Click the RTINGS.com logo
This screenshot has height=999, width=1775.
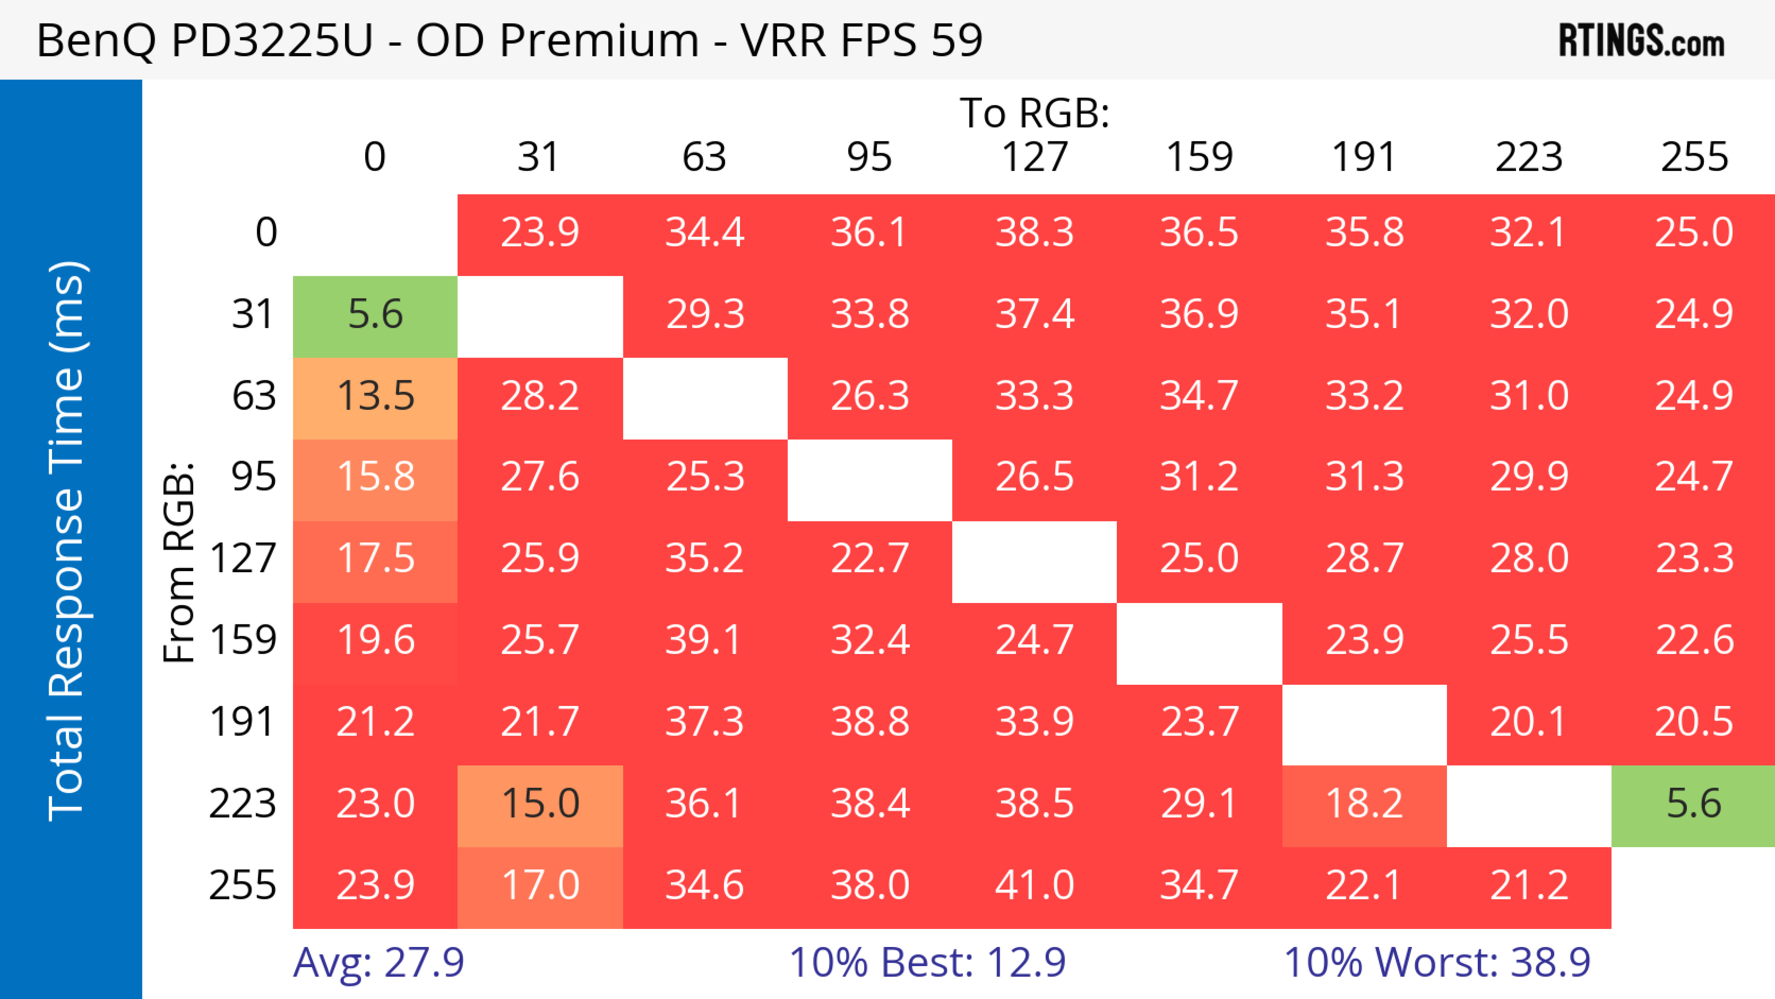coord(1641,41)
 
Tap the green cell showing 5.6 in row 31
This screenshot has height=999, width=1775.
coord(375,316)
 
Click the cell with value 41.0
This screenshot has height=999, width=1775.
coord(1034,886)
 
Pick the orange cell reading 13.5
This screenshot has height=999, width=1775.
coord(375,397)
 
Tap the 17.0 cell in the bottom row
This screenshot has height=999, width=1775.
coord(540,886)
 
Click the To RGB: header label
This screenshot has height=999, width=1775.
coord(1034,113)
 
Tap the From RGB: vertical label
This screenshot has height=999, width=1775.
coord(179,564)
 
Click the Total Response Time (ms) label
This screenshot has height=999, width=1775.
coord(67,541)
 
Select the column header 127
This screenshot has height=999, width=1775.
coord(1034,158)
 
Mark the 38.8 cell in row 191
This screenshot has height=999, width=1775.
coord(869,723)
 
